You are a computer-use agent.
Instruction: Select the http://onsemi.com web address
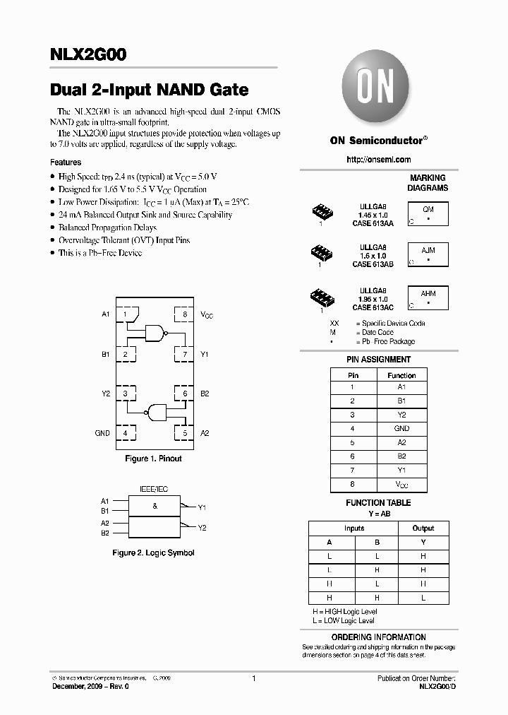tap(378, 160)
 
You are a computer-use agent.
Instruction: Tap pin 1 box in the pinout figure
tap(126, 314)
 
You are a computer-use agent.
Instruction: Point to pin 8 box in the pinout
tap(185, 314)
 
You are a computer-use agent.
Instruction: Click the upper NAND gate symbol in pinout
tap(156, 333)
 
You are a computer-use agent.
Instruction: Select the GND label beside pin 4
tap(102, 433)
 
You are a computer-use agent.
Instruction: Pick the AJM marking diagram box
tap(428, 254)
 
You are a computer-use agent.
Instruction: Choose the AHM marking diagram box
tap(428, 297)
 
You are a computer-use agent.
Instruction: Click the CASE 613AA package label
tap(373, 223)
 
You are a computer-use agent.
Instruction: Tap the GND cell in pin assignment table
tap(401, 429)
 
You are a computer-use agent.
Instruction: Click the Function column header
tap(401, 375)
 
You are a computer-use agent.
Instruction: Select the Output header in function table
tap(423, 528)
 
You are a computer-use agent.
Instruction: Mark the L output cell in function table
tap(423, 598)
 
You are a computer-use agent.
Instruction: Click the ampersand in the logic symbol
tap(155, 507)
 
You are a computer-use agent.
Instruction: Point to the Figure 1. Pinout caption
tap(153, 459)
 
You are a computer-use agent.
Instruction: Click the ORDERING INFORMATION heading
tap(378, 637)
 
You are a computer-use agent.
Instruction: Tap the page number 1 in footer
tap(253, 678)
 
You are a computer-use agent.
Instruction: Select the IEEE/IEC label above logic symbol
tap(155, 488)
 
